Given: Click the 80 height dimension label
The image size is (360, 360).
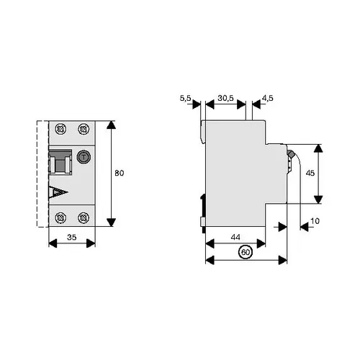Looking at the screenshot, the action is pos(120,173).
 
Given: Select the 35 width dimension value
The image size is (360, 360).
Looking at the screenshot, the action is pos(72,237).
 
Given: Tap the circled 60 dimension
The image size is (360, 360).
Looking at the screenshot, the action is pos(246,252).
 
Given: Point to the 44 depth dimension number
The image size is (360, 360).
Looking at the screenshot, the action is pos(235,237).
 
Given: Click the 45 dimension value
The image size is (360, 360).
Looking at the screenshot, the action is pos(310,173).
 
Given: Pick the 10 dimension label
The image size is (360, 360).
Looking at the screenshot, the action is pos(315,221).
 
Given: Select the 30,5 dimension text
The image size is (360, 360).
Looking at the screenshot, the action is pos(225,98).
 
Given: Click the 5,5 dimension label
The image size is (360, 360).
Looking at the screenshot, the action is pos(186,98).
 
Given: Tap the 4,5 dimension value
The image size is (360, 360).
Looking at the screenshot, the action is pos(268,98).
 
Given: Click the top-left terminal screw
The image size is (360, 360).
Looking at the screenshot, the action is pos(60,129).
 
